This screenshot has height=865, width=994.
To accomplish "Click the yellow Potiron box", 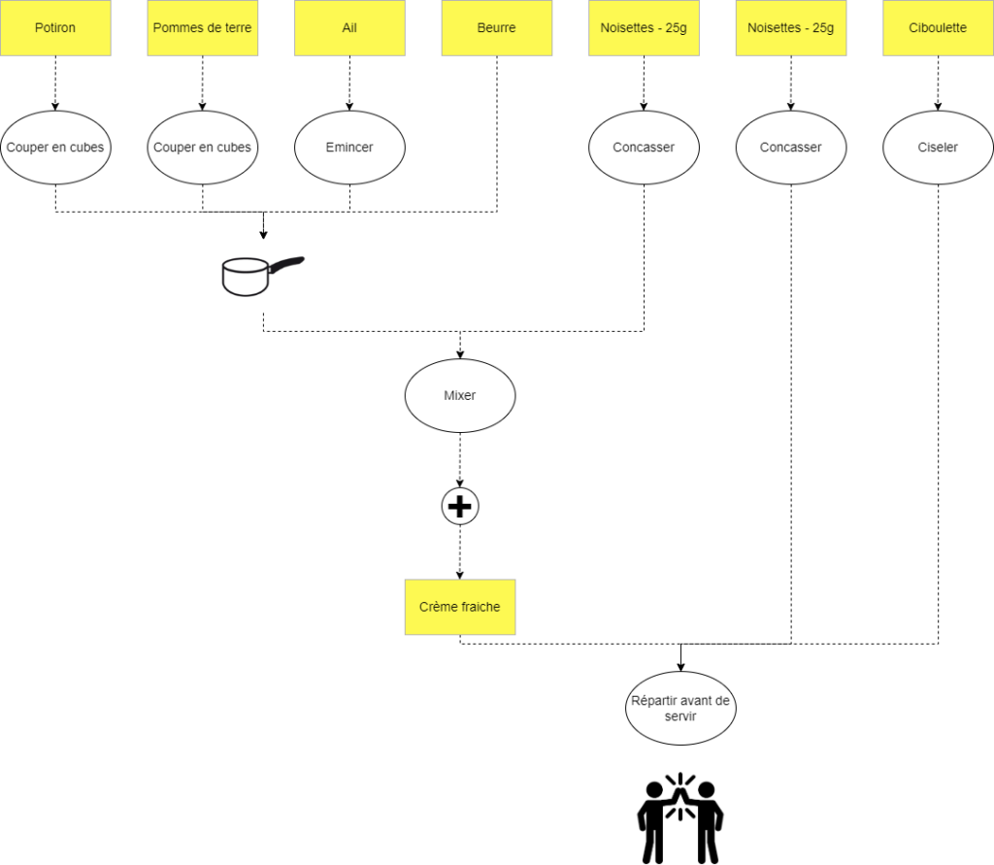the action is tap(55, 28).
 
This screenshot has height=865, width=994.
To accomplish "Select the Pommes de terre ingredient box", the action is tap(202, 28).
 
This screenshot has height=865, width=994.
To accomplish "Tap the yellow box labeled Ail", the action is tap(349, 28).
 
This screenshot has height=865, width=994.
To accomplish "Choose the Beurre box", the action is tap(496, 28).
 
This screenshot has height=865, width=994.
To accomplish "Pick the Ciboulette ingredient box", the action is tap(938, 28).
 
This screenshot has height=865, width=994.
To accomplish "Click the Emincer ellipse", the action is tap(349, 148).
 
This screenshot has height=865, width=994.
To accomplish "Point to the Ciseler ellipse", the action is tap(938, 148).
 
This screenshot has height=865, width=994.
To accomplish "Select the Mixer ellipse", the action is tap(459, 396).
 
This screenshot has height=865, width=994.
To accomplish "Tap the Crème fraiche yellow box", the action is tap(459, 607).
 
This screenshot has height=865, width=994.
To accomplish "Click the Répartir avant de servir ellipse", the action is tap(680, 709).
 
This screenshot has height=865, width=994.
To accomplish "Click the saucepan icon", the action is tap(262, 276).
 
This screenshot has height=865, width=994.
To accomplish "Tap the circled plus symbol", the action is tap(459, 506).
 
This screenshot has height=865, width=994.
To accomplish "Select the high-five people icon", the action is tap(680, 818).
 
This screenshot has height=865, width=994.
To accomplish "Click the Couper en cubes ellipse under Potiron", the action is tap(55, 148).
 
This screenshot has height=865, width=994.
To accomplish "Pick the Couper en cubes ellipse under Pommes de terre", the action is tap(202, 148).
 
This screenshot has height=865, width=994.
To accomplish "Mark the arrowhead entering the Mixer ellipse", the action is tap(459, 354).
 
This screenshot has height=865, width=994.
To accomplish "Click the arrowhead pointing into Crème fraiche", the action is tap(459, 575).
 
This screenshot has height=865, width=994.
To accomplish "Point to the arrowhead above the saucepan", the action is tap(263, 235).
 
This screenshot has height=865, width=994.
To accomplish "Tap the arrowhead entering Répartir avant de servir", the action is tap(680, 667).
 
